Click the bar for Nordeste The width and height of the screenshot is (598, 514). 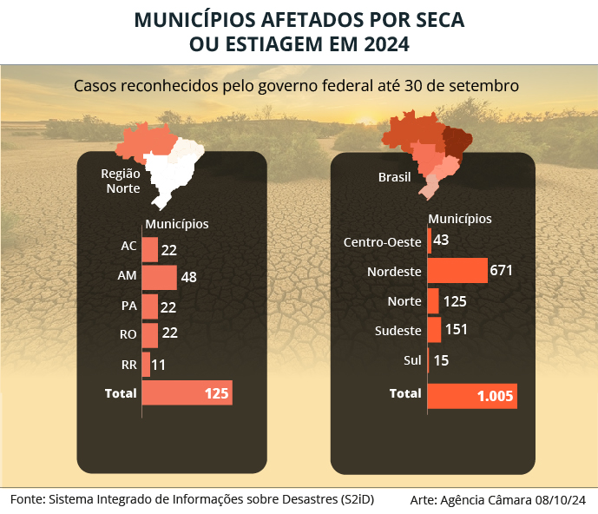tap(457, 271)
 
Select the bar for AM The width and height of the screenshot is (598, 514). tap(159, 277)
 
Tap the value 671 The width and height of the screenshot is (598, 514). tap(501, 270)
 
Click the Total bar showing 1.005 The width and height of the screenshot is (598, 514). tap(472, 396)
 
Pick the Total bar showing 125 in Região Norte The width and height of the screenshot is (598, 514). tap(187, 393)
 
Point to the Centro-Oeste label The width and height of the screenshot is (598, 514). tap(383, 241)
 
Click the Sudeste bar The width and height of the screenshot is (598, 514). tap(435, 330)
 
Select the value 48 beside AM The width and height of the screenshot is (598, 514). tap(189, 278)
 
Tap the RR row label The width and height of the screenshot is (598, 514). tap(128, 364)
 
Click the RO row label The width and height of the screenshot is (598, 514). tap(128, 334)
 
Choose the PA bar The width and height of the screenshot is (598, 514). tap(149, 306)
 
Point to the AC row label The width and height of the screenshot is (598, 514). tap(128, 247)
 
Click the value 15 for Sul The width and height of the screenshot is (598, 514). tap(441, 360)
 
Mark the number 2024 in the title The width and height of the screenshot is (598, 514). tap(384, 44)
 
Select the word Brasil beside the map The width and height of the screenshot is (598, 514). tap(395, 178)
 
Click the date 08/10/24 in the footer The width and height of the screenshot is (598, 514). tap(562, 500)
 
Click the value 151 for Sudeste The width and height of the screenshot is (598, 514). tap(457, 330)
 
